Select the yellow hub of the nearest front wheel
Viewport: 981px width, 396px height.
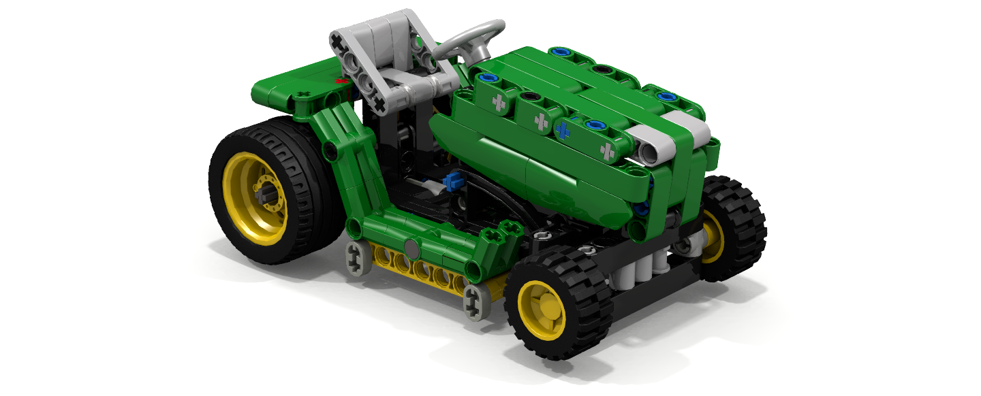click(x=542, y=310)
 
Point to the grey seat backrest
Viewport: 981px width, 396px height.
click(x=381, y=48)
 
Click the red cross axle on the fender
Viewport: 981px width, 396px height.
click(x=343, y=81)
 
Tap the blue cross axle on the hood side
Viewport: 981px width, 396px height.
click(x=563, y=129)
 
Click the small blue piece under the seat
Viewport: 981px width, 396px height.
click(x=449, y=183)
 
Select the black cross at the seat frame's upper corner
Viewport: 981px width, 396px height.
click(x=338, y=43)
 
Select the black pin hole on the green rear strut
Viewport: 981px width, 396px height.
click(x=329, y=152)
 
